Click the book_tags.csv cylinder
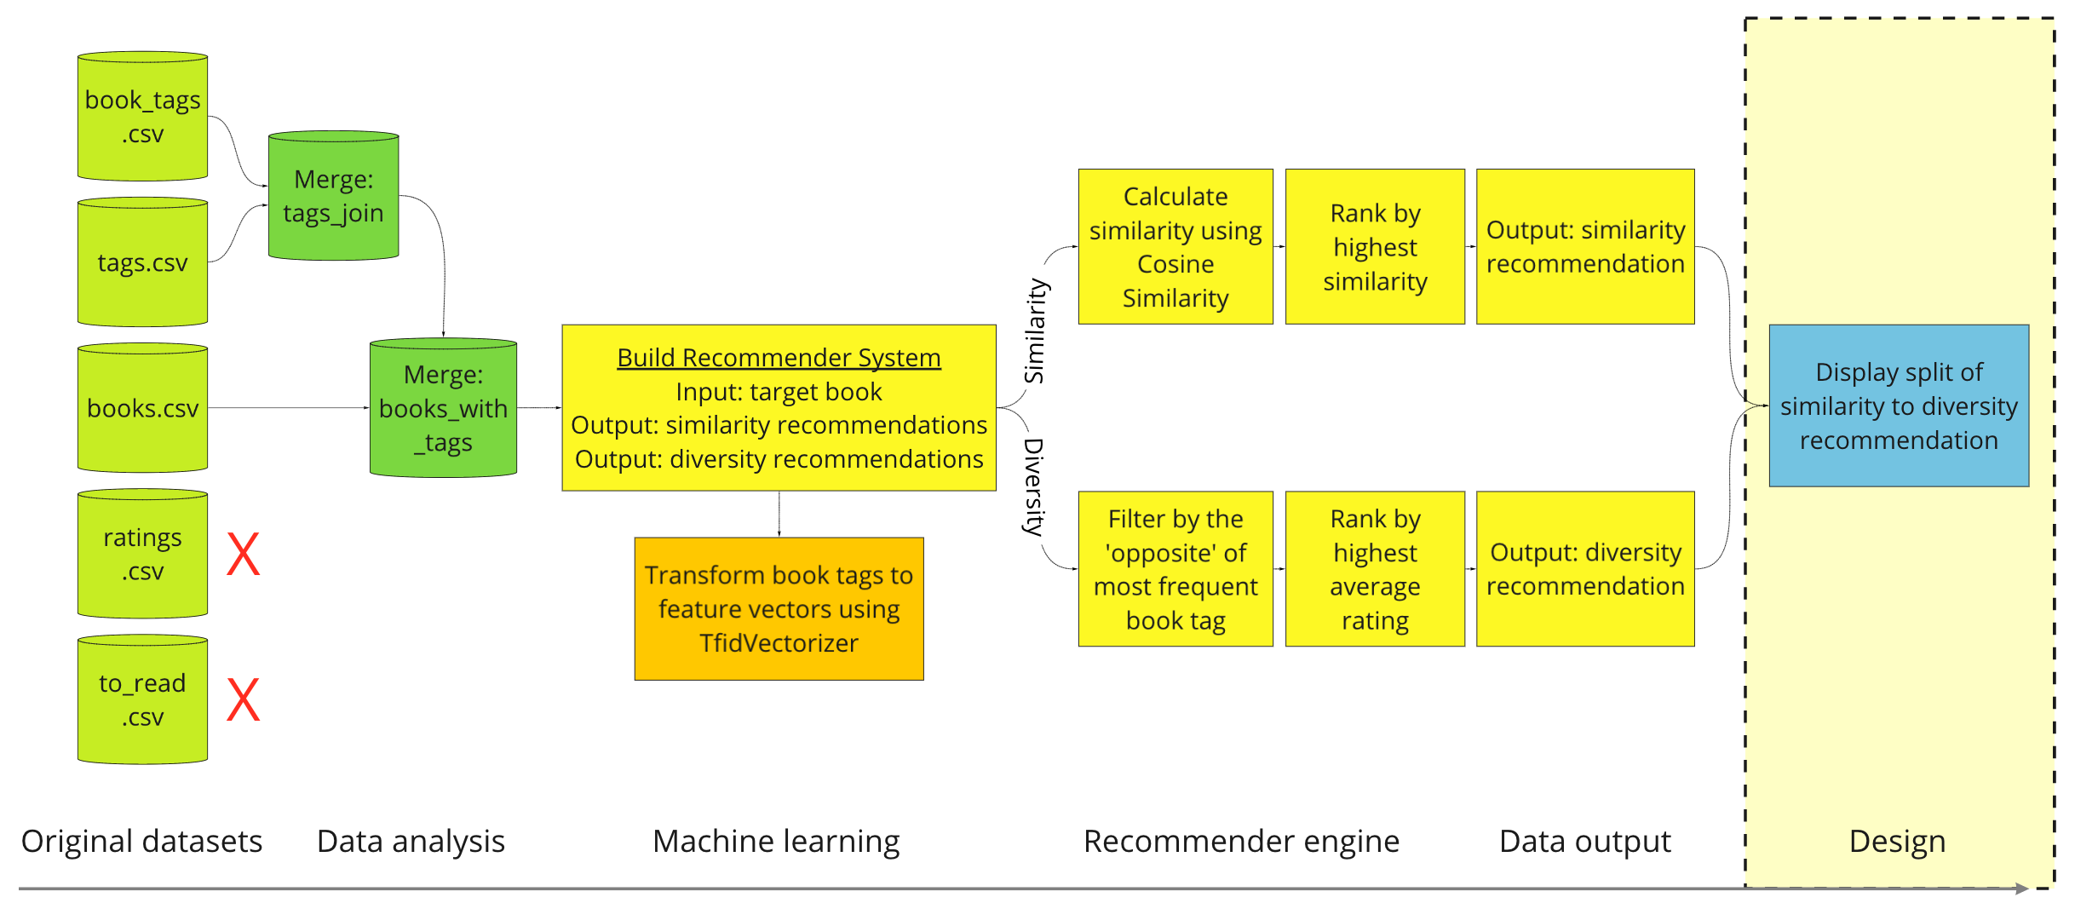142,117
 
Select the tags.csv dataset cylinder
142,262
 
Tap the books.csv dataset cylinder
142,408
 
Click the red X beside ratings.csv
243,555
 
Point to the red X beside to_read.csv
243,700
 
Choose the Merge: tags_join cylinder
333,196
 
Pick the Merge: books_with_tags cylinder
443,408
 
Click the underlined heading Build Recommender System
779,358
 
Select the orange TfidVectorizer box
779,608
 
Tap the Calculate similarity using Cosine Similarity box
1175,247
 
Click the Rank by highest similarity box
1375,247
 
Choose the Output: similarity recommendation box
1585,247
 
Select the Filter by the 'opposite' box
1175,569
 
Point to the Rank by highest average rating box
1375,569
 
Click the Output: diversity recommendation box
1585,569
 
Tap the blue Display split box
1899,405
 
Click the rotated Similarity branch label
1035,331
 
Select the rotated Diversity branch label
1033,486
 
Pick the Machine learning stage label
776,842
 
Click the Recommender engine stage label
1241,842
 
